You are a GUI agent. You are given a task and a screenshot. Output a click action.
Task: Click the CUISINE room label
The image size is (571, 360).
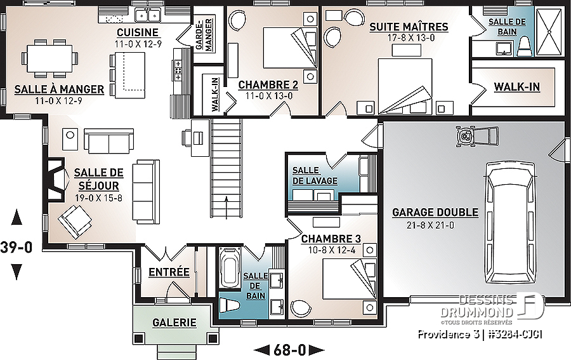pyautogui.click(x=138, y=32)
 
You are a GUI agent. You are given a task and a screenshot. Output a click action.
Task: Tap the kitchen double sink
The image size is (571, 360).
pyautogui.click(x=147, y=15)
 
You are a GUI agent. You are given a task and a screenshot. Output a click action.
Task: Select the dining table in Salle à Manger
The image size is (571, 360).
pyautogui.click(x=49, y=58)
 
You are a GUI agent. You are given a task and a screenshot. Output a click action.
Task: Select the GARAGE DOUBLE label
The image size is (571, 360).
pyautogui.click(x=435, y=213)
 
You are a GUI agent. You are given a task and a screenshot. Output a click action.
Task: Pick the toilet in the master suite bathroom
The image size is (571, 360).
pyautogui.click(x=525, y=48)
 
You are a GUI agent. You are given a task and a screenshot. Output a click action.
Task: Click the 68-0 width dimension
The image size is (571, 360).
pyautogui.click(x=289, y=350)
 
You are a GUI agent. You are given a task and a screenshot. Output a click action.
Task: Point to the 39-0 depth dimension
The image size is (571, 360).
pyautogui.click(x=16, y=247)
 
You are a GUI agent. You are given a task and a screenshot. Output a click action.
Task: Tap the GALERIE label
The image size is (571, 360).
pyautogui.click(x=174, y=323)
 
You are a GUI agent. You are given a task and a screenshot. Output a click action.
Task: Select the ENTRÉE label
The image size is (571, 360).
pyautogui.click(x=169, y=272)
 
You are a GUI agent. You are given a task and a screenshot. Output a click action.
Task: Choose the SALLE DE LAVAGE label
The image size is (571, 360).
pyautogui.click(x=315, y=176)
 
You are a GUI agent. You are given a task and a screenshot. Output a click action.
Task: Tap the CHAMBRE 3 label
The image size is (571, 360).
pyautogui.click(x=331, y=239)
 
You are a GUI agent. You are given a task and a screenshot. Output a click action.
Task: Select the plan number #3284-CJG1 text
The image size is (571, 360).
pyautogui.click(x=514, y=335)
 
